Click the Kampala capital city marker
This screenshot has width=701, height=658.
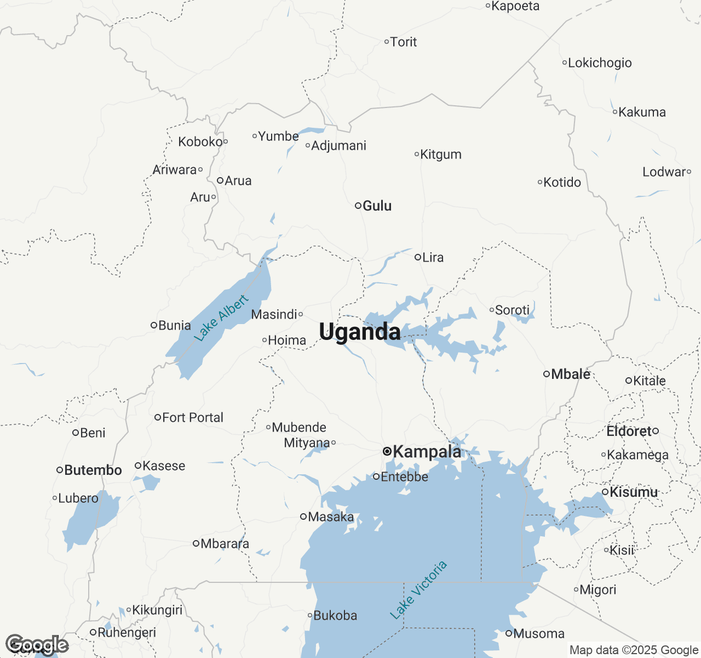pos(387,452)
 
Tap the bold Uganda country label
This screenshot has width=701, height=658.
pos(360,332)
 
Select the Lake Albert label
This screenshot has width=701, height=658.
pos(221,318)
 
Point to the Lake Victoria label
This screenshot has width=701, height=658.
pos(418,590)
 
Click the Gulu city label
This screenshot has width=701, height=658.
pos(377,206)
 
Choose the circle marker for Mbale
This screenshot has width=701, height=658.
pos(546,374)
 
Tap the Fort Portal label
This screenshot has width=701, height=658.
pos(192,418)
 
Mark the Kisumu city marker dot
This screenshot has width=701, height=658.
pos(605,492)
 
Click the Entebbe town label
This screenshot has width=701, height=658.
pos(404,477)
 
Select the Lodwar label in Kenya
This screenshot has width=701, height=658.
pos(664,172)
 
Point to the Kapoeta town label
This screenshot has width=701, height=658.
pos(515,7)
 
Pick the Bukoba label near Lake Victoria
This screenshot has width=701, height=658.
pos(335,616)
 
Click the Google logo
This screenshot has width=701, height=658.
pos(37,645)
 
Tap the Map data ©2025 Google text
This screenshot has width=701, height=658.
pos(634,650)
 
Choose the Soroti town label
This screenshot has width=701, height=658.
pos(512,310)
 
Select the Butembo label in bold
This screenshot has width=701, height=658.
pos(93,470)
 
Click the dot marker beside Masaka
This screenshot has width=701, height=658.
pos(303,517)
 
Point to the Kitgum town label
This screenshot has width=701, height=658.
pos(441,155)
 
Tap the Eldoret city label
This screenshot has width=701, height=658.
pos(629,432)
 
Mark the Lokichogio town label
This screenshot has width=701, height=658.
pos(600,63)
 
